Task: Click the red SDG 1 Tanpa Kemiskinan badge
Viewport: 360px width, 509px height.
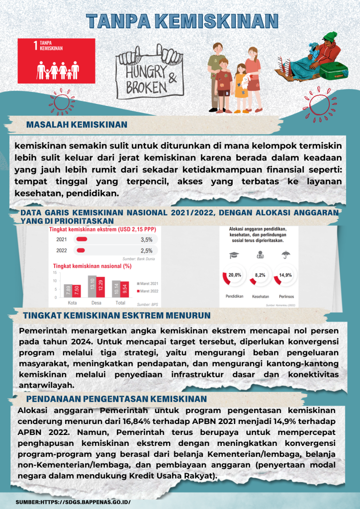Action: point(56,60)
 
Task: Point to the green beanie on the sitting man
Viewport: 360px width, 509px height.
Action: point(330,38)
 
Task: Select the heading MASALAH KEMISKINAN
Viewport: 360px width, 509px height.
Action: point(77,124)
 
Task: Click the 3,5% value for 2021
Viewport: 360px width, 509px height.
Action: point(147,239)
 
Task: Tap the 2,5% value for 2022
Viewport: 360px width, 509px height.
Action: point(147,251)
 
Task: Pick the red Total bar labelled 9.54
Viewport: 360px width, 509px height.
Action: point(124,289)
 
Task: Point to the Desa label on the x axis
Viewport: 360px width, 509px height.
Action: point(96,303)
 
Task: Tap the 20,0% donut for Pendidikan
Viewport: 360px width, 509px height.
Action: point(234,275)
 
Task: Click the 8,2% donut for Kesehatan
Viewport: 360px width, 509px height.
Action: point(260,275)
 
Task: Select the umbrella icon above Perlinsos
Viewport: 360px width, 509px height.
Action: point(286,255)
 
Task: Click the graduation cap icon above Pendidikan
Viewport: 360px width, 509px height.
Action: point(234,255)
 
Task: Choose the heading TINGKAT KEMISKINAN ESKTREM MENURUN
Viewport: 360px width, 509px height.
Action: point(117,316)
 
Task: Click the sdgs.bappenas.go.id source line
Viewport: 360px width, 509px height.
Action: point(73,502)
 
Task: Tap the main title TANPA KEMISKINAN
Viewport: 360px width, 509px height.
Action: point(181,20)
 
